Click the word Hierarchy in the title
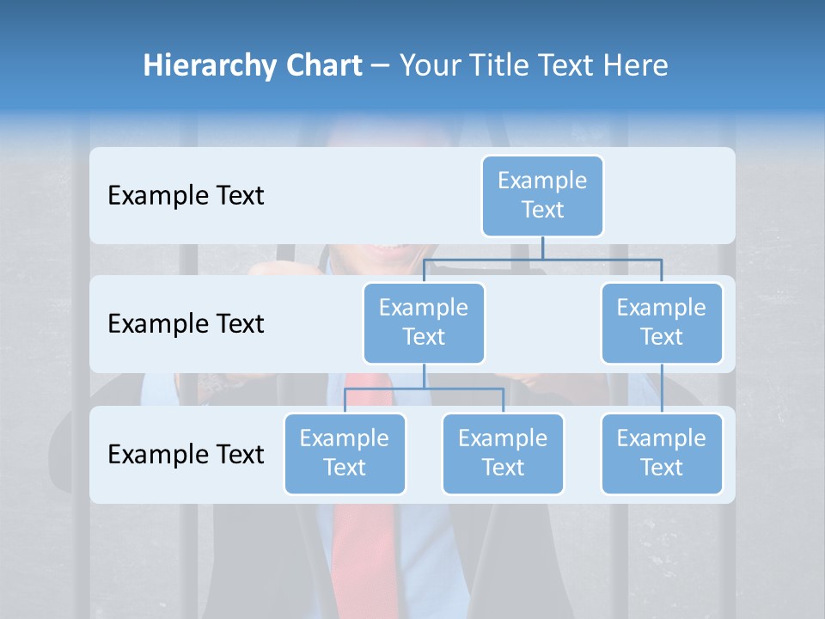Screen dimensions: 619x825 pos(197,66)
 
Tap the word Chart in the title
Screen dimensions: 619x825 pos(323,66)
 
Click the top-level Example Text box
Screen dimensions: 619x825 pos(542,195)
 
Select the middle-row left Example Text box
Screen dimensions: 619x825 pos(424,322)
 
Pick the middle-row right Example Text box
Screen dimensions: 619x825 pos(662,322)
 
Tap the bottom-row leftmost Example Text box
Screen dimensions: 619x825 pos(345,453)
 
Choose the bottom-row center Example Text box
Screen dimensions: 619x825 pos(503,453)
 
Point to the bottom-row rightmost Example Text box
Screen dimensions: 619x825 pos(662,453)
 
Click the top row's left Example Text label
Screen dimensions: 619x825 pos(186,196)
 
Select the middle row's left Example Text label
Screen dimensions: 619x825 pos(186,324)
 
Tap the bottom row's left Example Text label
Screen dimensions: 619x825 pos(186,454)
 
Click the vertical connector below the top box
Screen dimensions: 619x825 pos(542,248)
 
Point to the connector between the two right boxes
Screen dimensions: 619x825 pos(662,388)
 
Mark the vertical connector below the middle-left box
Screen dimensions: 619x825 pos(424,376)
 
